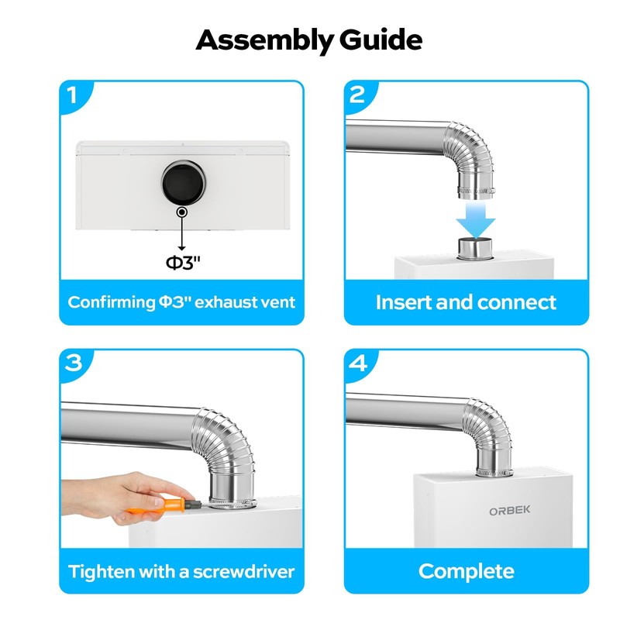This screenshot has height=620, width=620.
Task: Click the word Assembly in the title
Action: pyautogui.click(x=264, y=40)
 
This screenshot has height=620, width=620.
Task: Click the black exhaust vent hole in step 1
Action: pyautogui.click(x=184, y=183)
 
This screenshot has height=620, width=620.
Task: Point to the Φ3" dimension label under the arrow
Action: pyautogui.click(x=183, y=263)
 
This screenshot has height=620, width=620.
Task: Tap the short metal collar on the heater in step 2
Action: pyautogui.click(x=475, y=248)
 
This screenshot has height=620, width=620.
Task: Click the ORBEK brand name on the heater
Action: pyautogui.click(x=510, y=511)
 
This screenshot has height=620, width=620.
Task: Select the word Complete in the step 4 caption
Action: pyautogui.click(x=467, y=571)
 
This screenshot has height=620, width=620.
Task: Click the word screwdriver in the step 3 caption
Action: pyautogui.click(x=243, y=572)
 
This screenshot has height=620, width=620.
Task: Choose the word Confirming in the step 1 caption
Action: pyautogui.click(x=112, y=303)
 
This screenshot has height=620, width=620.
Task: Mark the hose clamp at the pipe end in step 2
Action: pyautogui.click(x=476, y=192)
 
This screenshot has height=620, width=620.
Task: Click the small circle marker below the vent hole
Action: pyautogui.click(x=182, y=212)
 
